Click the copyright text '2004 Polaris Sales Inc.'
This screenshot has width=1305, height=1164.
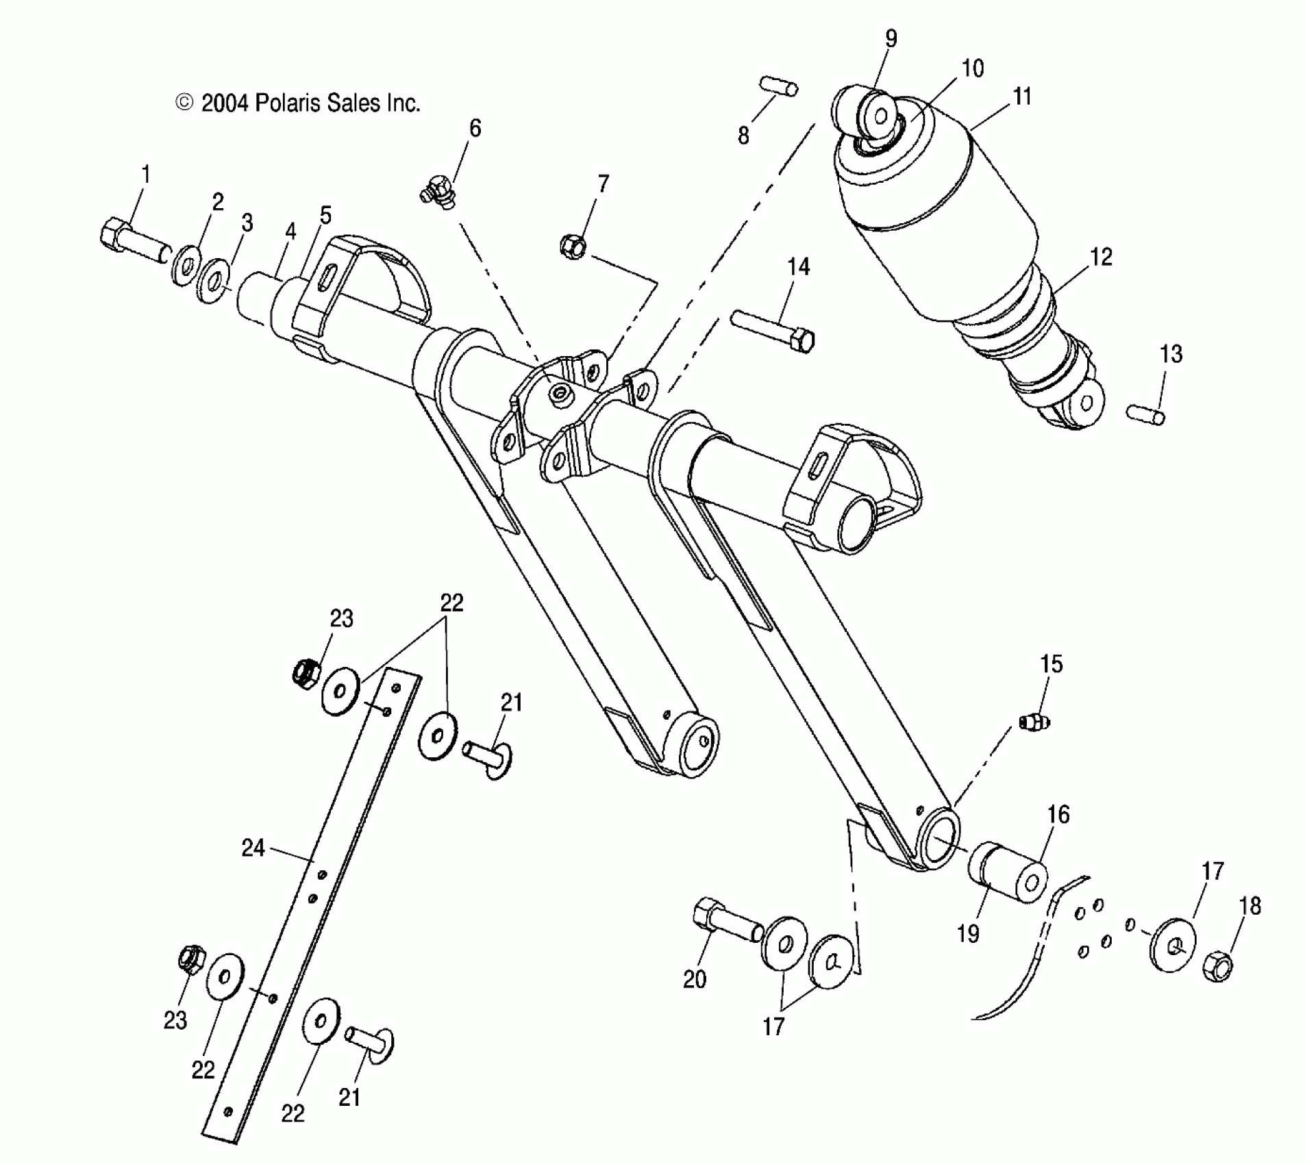click(x=299, y=103)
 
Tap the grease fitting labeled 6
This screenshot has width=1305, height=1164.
click(x=437, y=191)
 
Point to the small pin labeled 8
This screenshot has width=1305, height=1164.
click(x=778, y=87)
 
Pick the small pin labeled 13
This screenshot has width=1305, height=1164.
click(x=1145, y=414)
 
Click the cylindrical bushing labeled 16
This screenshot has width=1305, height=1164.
click(x=1007, y=873)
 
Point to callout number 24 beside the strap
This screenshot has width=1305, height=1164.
click(x=253, y=848)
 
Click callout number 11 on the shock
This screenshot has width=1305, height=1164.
click(x=1021, y=97)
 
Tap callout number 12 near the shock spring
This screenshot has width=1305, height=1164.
click(x=1101, y=257)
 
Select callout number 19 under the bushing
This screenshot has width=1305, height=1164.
click(x=968, y=933)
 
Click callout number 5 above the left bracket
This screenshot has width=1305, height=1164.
click(x=325, y=215)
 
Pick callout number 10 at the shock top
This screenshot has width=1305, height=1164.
click(x=973, y=68)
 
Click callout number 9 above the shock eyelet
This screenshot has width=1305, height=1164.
click(x=891, y=38)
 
